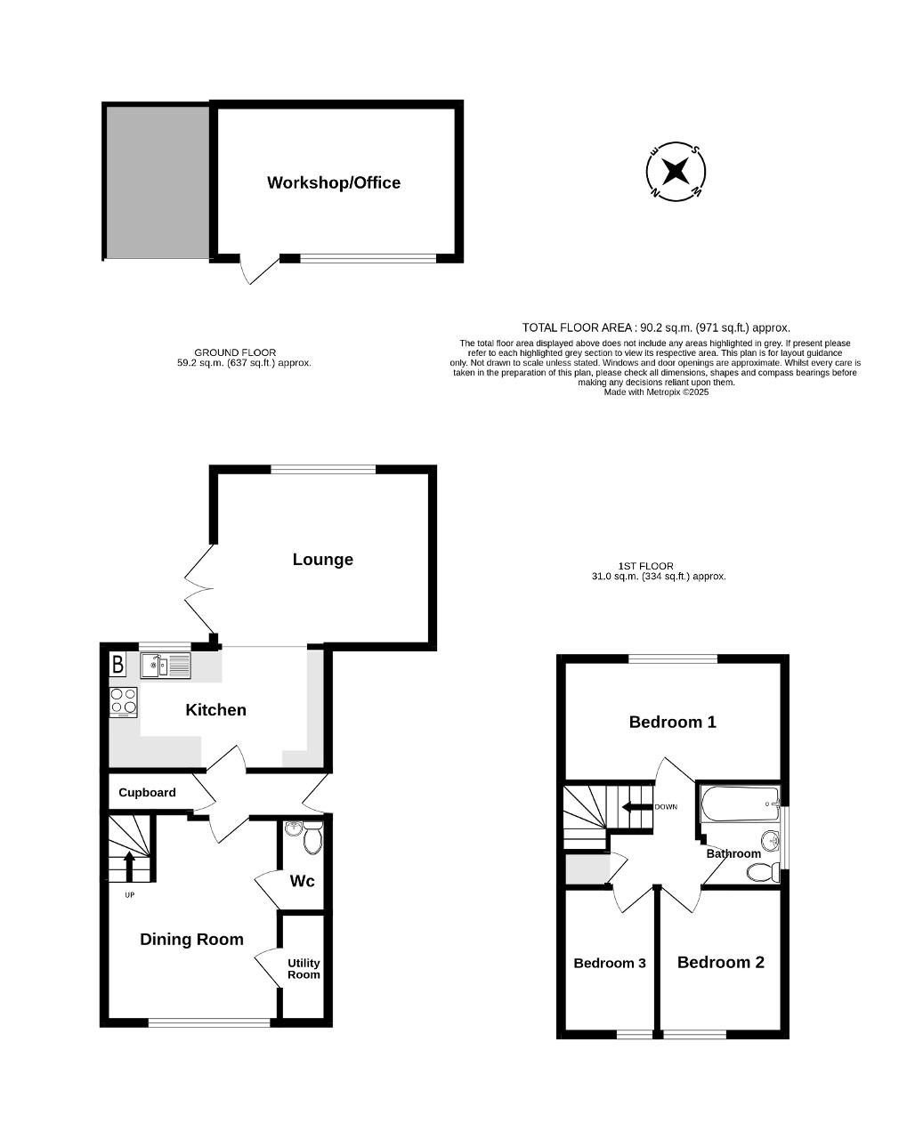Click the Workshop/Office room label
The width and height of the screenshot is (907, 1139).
[334, 182]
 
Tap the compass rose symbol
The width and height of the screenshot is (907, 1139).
[676, 172]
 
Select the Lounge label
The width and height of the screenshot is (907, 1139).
[322, 560]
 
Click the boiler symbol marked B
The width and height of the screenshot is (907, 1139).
[117, 664]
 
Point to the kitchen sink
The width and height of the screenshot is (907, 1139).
[166, 666]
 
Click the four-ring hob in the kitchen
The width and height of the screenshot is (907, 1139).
[123, 702]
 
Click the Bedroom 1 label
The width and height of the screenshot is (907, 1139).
[672, 722]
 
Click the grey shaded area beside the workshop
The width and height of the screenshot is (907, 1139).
[158, 183]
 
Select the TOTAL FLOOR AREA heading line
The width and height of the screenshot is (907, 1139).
[656, 327]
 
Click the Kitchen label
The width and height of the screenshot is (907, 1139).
[216, 710]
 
